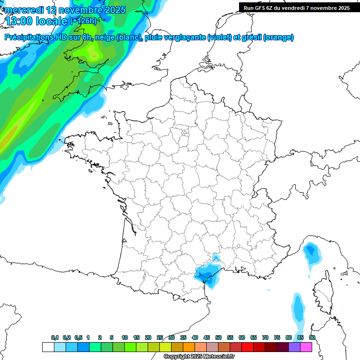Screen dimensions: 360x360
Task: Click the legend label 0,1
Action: point(55,337)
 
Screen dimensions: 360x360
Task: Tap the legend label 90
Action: point(312,337)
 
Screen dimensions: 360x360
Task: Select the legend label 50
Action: point(218,337)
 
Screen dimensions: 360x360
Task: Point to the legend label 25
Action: point(160,337)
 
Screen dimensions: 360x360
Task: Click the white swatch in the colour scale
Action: point(48,347)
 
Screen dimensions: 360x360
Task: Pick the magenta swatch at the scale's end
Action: point(306,347)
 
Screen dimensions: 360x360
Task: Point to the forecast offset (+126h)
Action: point(83,21)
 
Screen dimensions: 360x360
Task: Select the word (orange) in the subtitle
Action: point(279,37)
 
